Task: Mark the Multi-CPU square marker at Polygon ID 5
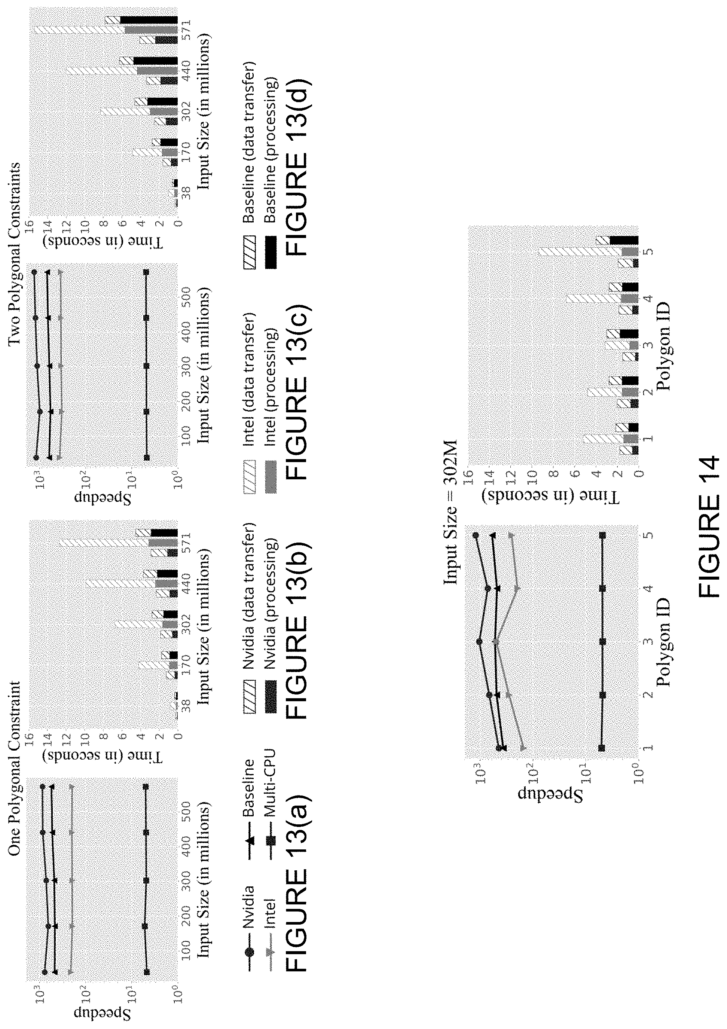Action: pos(602,535)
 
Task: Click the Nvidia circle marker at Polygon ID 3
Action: pos(480,641)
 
